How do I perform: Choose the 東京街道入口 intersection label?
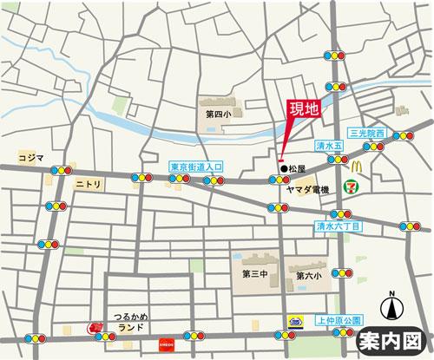pyautogui.click(x=196, y=166)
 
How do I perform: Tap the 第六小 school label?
pyautogui.click(x=307, y=276)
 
